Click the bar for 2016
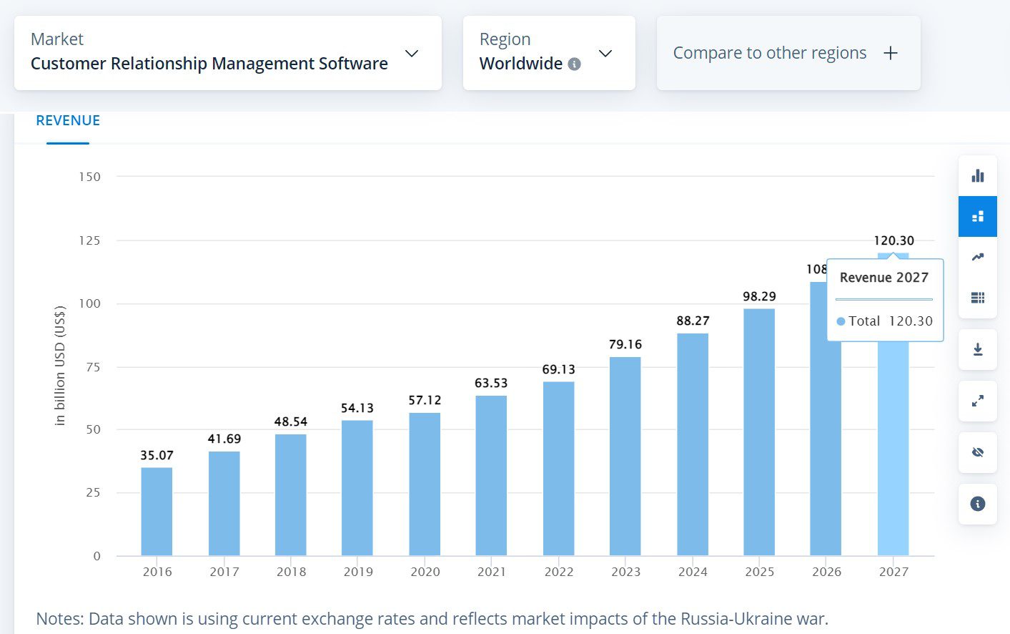click(157, 512)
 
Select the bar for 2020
click(425, 484)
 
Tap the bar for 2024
click(693, 444)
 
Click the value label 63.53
click(491, 384)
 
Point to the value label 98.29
click(759, 296)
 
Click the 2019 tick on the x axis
click(358, 572)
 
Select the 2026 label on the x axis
click(826, 572)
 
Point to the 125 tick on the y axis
click(89, 240)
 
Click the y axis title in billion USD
click(60, 366)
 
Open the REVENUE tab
click(68, 121)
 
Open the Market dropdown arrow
click(412, 54)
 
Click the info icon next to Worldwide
click(574, 64)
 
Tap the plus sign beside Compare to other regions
click(891, 53)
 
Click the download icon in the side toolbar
click(978, 349)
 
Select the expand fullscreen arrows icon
click(978, 401)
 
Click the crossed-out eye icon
click(978, 452)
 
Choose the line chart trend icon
click(978, 257)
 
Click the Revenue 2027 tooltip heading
click(883, 278)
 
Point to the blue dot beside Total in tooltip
click(841, 321)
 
